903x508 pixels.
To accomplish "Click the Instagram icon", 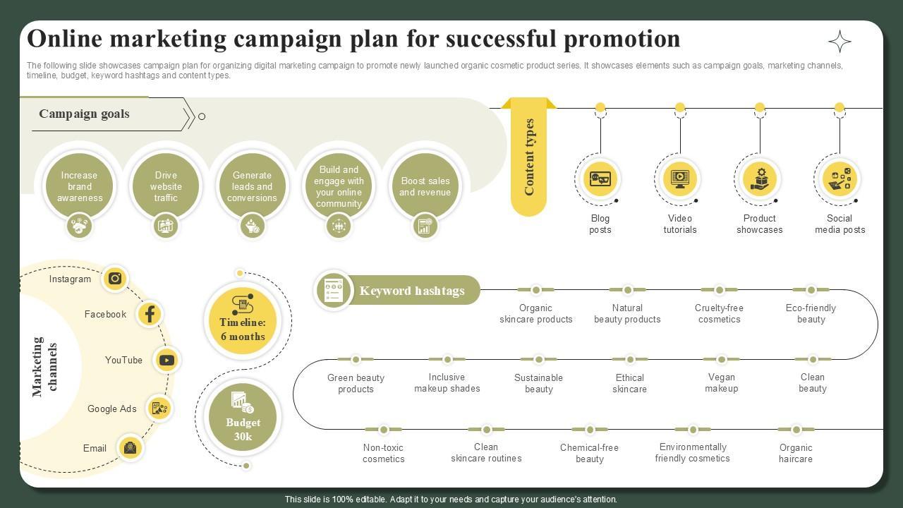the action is (x=115, y=279).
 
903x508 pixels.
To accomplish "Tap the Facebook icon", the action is (x=150, y=314).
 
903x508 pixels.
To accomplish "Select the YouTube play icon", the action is (x=166, y=361).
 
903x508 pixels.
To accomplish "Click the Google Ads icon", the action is (x=159, y=408).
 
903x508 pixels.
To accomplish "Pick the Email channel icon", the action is (x=130, y=447).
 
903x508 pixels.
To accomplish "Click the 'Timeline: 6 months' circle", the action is (x=243, y=321).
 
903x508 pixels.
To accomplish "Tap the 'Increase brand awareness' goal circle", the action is (x=79, y=186).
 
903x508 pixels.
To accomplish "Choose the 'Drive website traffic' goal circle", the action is (x=166, y=186).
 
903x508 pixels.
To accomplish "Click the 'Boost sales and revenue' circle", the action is (x=425, y=186).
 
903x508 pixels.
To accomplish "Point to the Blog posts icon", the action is (x=600, y=179).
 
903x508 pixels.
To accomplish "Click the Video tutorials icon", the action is (x=680, y=179).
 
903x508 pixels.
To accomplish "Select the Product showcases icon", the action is (x=760, y=179).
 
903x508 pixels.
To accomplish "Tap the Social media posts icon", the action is (x=840, y=179).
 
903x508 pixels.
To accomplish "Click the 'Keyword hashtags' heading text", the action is (x=412, y=291).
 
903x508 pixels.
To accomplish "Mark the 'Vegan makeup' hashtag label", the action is (x=721, y=383).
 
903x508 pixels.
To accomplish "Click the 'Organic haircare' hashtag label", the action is (x=796, y=453).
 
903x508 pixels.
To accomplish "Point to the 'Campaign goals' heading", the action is (x=84, y=114).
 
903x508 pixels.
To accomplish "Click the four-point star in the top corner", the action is (x=840, y=42).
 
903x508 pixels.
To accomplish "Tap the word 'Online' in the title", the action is (x=64, y=38).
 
